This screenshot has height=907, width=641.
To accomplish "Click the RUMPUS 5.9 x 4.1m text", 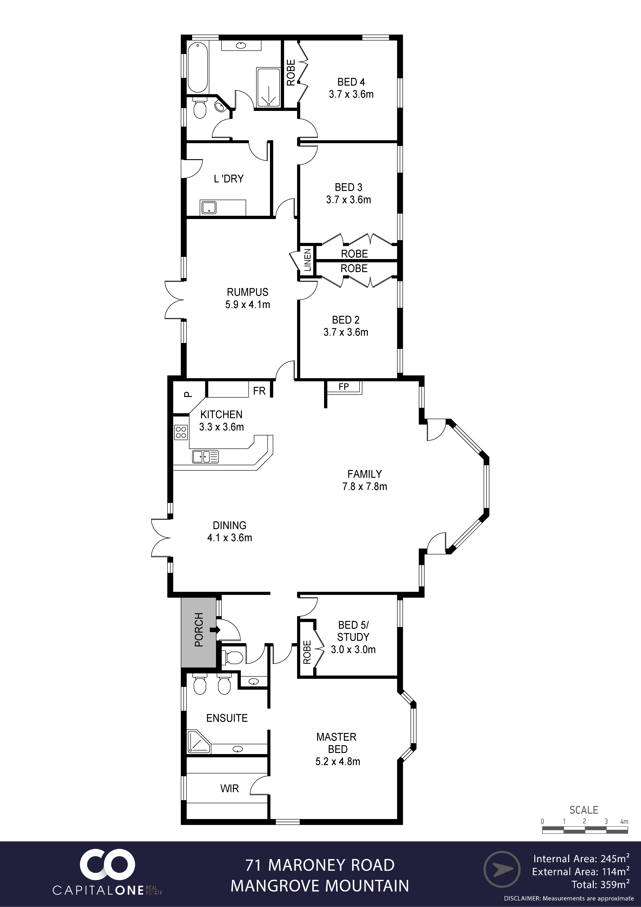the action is [248, 298].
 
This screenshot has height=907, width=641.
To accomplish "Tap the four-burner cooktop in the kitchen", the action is [181, 432].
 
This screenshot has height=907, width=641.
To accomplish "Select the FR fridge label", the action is [259, 391].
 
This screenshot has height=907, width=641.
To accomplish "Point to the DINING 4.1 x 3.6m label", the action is [229, 531].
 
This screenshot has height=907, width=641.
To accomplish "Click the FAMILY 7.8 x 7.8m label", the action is [365, 480].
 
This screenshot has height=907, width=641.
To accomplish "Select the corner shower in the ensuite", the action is [199, 742].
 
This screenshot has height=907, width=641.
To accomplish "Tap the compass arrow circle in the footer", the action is [502, 869].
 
